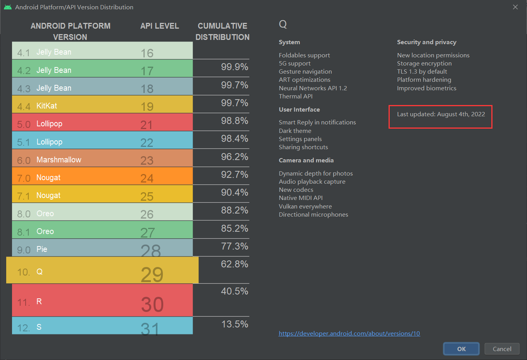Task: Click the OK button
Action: pyautogui.click(x=461, y=349)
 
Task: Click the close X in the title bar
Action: pyautogui.click(x=515, y=7)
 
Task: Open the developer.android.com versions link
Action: pyautogui.click(x=349, y=333)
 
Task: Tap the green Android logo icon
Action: pyautogui.click(x=8, y=7)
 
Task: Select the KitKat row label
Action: pyautogui.click(x=47, y=106)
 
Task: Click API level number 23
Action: pyautogui.click(x=147, y=160)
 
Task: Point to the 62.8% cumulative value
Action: pyautogui.click(x=235, y=264)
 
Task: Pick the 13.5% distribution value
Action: pyautogui.click(x=235, y=324)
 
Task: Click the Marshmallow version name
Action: pyautogui.click(x=59, y=160)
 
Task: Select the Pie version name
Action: pyautogui.click(x=42, y=249)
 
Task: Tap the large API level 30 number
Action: pyautogui.click(x=152, y=304)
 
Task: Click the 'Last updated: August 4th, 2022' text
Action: pyautogui.click(x=441, y=114)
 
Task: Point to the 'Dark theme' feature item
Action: pyautogui.click(x=295, y=131)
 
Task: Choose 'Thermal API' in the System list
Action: pyautogui.click(x=296, y=96)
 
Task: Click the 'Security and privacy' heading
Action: pyautogui.click(x=427, y=42)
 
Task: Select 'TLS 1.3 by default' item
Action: pyautogui.click(x=422, y=71)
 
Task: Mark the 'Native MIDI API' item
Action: pyautogui.click(x=301, y=198)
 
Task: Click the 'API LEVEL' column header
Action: pyautogui.click(x=159, y=26)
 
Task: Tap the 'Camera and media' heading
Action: pyautogui.click(x=306, y=160)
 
